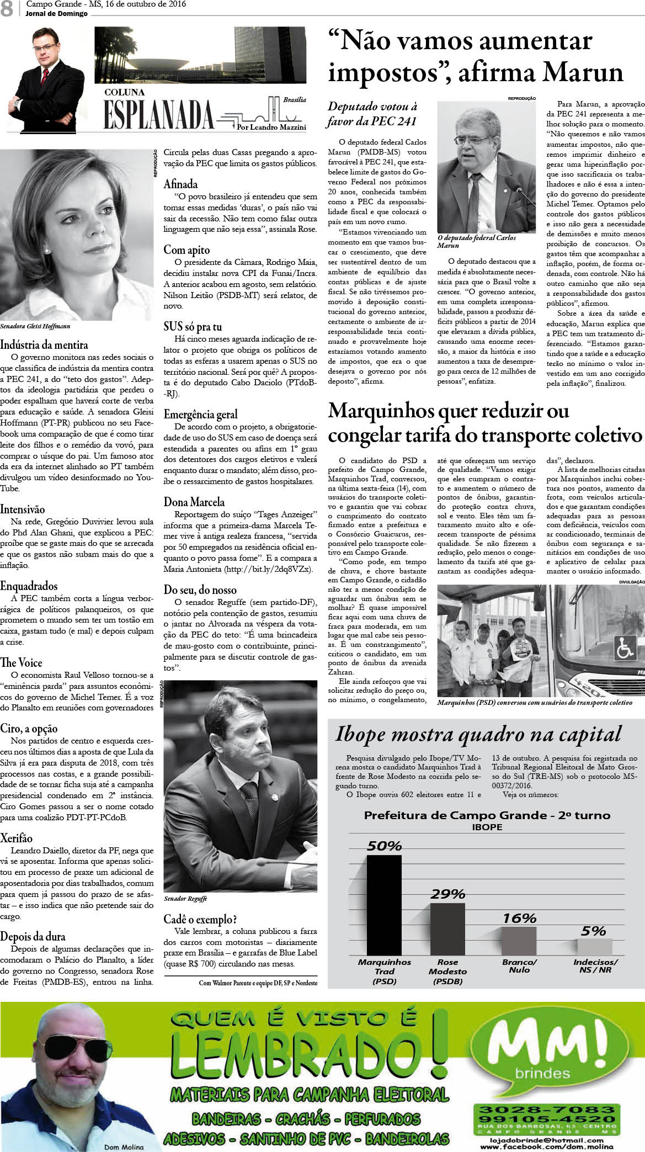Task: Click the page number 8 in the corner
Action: (x=7, y=9)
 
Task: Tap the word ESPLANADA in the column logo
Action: (x=159, y=115)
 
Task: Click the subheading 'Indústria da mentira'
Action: (x=44, y=345)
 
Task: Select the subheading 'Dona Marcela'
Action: (x=194, y=502)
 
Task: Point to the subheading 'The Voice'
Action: (x=21, y=662)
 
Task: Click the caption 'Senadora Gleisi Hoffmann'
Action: (x=35, y=326)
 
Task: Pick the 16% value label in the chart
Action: (x=519, y=918)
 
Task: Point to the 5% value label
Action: (x=594, y=932)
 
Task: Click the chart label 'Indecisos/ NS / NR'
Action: (x=595, y=965)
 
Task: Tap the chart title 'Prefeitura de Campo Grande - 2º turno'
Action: (x=487, y=815)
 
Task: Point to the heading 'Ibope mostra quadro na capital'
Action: (x=478, y=735)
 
